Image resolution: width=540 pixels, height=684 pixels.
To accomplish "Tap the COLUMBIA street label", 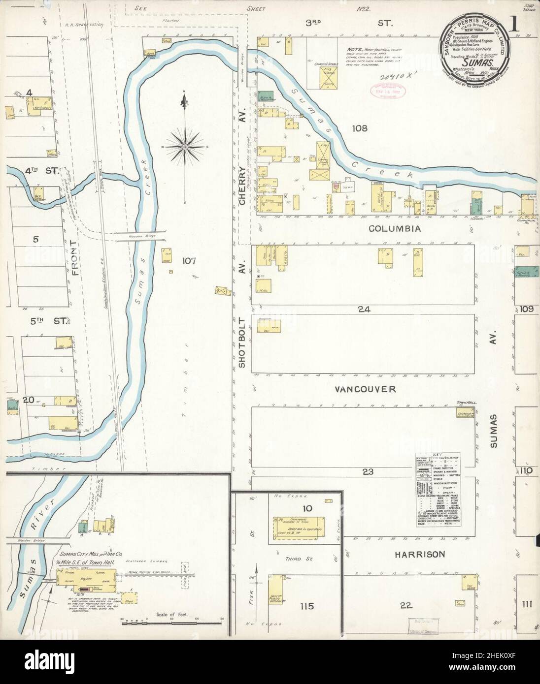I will pos(396,228).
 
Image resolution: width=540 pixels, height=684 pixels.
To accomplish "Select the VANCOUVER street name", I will pos(365,389).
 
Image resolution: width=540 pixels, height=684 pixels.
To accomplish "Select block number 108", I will pos(360,129).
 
